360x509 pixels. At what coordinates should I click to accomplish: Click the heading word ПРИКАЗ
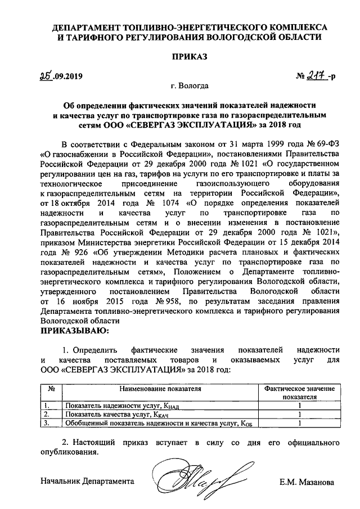click(x=189, y=57)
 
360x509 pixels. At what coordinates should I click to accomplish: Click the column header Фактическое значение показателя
click(x=299, y=392)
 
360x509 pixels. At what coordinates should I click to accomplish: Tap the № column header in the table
click(x=51, y=388)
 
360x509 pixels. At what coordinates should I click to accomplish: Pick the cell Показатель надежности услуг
click(x=121, y=406)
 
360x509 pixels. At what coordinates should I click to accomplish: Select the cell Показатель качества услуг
click(x=117, y=415)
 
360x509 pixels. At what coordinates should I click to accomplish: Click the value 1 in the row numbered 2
click(x=299, y=415)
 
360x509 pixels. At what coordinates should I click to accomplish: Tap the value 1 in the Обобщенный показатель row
click(x=299, y=424)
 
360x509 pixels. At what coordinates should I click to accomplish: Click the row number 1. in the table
click(x=50, y=406)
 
